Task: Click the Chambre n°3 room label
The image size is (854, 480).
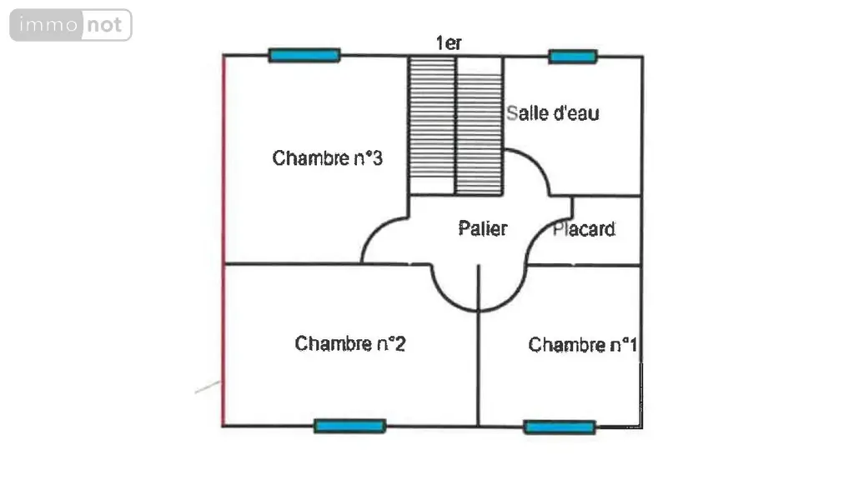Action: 327,157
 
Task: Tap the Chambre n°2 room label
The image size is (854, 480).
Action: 350,343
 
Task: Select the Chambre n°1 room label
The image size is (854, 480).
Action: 583,344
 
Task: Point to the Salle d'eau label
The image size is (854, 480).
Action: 552,113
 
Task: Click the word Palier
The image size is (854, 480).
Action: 483,228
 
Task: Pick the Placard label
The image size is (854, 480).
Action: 584,229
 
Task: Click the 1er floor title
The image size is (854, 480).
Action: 449,43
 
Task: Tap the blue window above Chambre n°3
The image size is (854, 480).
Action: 304,55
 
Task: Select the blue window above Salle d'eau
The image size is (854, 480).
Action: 573,57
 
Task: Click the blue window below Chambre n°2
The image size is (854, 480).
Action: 350,426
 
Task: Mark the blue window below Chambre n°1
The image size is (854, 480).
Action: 560,427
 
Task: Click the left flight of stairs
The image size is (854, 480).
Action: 432,125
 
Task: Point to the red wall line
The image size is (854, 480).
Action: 224,241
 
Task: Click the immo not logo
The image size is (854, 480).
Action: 71,25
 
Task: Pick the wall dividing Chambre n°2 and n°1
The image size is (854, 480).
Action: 478,345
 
